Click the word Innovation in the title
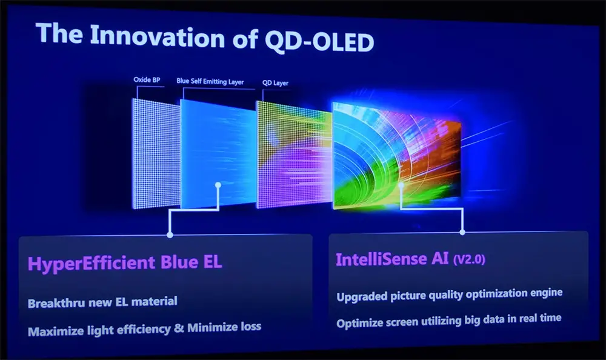click(157, 36)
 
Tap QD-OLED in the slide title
click(319, 41)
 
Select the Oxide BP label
click(147, 79)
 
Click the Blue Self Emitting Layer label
click(210, 81)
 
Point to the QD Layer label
click(275, 83)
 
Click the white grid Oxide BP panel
click(156, 153)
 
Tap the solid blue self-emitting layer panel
click(218, 155)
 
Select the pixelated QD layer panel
click(295, 155)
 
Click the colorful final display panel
click(397, 156)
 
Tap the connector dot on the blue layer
click(218, 185)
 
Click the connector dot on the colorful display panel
click(401, 185)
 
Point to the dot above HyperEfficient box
click(170, 235)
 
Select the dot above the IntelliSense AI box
click(462, 232)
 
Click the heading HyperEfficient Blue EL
click(125, 263)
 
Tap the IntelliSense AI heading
click(392, 259)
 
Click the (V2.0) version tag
click(469, 259)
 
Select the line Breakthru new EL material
click(102, 302)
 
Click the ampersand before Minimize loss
click(179, 328)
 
